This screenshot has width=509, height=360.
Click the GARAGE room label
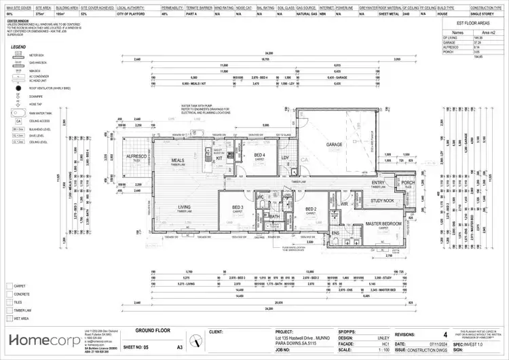click(x=333, y=145)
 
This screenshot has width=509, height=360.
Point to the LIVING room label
click(x=184, y=207)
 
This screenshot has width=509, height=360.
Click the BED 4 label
click(x=259, y=155)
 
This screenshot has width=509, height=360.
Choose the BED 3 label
click(x=238, y=207)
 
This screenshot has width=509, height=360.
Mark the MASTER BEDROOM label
click(x=383, y=223)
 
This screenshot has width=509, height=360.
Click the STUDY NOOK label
click(x=382, y=201)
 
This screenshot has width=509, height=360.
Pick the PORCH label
click(x=407, y=183)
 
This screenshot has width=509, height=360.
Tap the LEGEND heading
click(x=19, y=46)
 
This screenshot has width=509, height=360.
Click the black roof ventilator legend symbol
click(x=16, y=89)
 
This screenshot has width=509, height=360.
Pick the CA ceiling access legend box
click(x=16, y=121)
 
